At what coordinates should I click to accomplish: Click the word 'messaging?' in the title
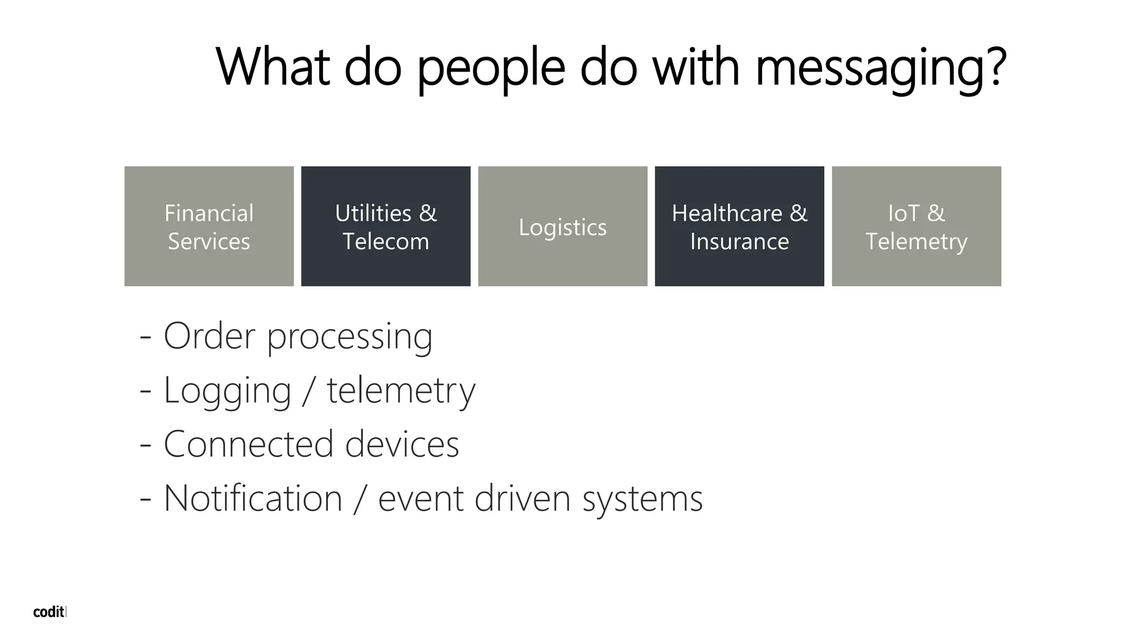(x=881, y=68)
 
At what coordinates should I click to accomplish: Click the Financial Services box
(x=209, y=226)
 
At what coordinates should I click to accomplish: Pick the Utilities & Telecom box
(x=386, y=226)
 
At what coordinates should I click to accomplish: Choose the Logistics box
(x=562, y=226)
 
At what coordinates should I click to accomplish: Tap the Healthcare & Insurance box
(x=739, y=226)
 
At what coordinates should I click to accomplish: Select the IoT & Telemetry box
(x=916, y=226)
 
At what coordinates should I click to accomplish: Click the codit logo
(x=49, y=612)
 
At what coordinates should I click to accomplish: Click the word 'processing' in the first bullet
(x=350, y=337)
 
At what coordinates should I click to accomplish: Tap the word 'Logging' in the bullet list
(x=227, y=391)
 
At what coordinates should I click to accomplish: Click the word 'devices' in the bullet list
(x=402, y=444)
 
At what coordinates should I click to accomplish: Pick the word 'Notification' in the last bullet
(x=253, y=498)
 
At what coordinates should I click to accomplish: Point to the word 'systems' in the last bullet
(x=642, y=499)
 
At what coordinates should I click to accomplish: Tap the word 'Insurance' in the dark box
(x=740, y=242)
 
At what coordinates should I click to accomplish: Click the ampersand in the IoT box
(x=935, y=213)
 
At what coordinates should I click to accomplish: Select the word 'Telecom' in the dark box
(x=386, y=242)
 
